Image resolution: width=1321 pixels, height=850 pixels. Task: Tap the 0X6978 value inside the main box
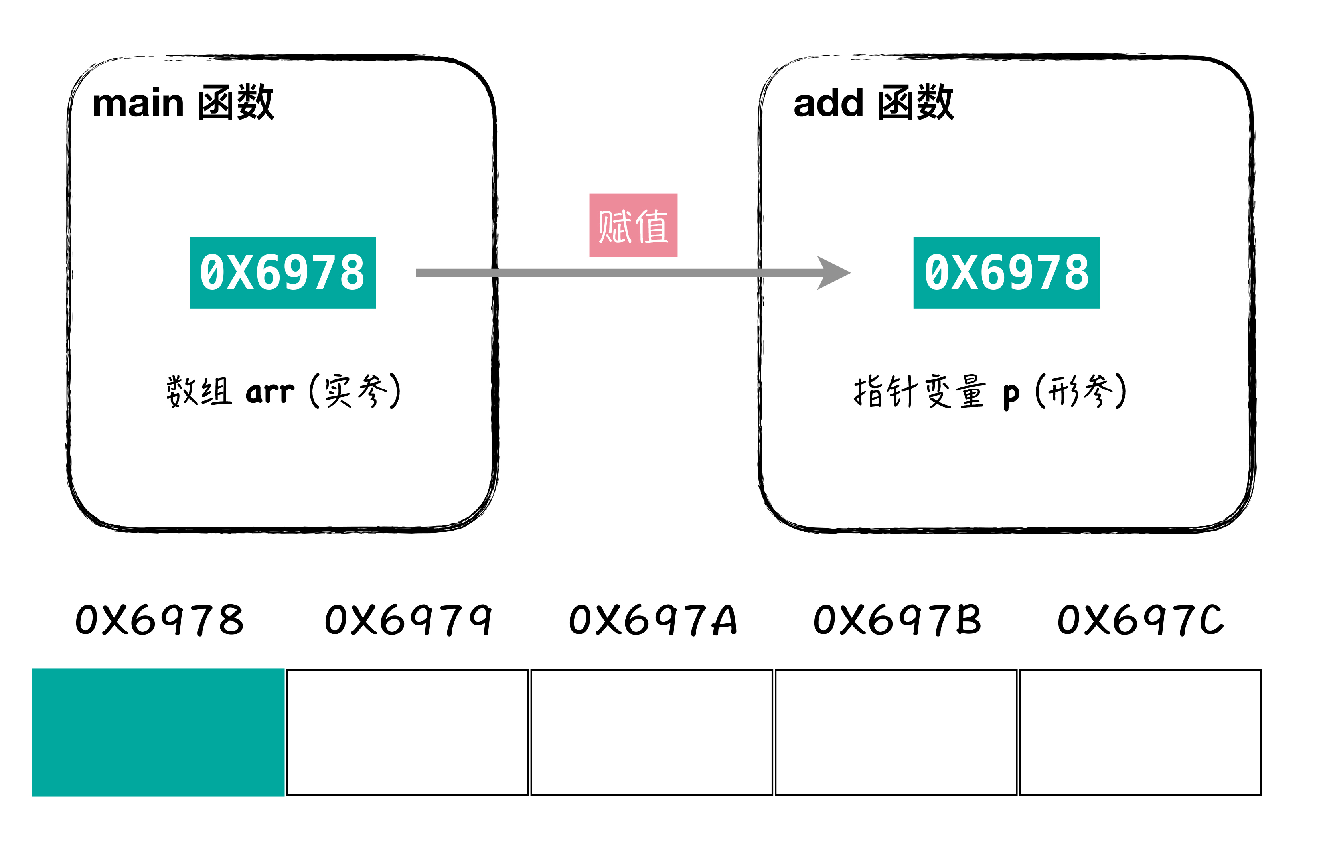282,273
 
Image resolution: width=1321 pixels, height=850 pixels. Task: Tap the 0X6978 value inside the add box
1006,273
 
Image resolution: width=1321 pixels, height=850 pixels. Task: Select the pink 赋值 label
633,225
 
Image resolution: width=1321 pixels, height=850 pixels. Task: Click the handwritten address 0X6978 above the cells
159,619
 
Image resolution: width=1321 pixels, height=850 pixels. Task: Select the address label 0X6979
408,619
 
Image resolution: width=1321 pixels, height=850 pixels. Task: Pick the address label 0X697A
652,619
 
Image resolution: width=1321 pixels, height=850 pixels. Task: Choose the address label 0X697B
897,619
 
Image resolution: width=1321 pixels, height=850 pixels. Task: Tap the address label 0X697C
1140,619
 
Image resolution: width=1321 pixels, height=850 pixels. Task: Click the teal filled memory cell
158,732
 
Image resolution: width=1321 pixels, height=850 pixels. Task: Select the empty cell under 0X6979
407,732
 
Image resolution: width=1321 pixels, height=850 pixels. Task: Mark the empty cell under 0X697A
652,732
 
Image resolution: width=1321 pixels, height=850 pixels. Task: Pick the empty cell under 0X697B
895,732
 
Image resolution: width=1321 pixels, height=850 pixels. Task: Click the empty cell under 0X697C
1139,732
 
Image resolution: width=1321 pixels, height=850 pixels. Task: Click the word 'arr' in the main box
269,392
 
